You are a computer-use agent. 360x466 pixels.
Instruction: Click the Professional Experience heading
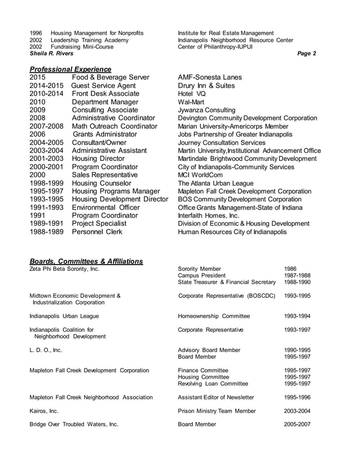(70, 69)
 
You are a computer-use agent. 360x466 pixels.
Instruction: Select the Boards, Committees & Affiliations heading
(86, 261)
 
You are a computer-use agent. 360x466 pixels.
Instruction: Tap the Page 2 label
(306, 54)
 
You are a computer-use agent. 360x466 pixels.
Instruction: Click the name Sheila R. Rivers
(51, 54)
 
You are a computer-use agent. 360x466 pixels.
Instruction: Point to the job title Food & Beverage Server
(111, 77)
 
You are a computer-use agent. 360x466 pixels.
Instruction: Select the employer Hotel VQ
(192, 94)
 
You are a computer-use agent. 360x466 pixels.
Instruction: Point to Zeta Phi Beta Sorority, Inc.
(64, 269)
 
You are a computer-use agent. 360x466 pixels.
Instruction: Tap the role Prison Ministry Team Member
(217, 411)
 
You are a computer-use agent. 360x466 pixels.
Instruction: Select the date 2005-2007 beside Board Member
(297, 424)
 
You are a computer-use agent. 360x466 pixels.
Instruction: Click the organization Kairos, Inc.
(44, 411)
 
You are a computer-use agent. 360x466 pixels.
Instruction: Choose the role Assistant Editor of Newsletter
(216, 398)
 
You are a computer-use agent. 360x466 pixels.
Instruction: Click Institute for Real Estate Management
(226, 33)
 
